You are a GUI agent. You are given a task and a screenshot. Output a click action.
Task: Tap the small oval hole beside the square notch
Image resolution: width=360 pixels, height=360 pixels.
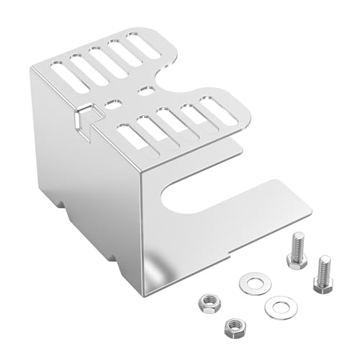point(113,105)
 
